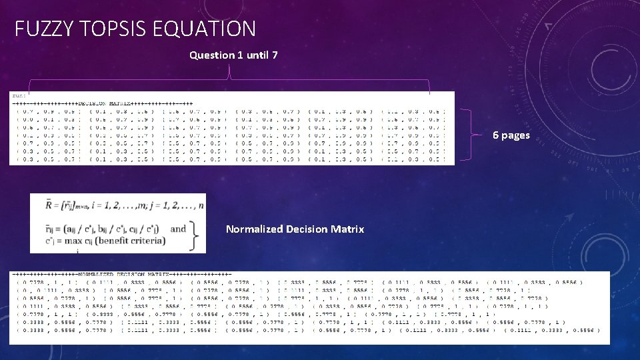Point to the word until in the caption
(x=257, y=55)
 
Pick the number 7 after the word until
(x=275, y=55)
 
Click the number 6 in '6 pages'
(x=496, y=135)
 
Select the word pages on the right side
(x=516, y=136)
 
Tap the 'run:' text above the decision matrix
(x=19, y=95)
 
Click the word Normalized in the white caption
(x=254, y=229)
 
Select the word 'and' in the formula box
(x=179, y=229)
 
